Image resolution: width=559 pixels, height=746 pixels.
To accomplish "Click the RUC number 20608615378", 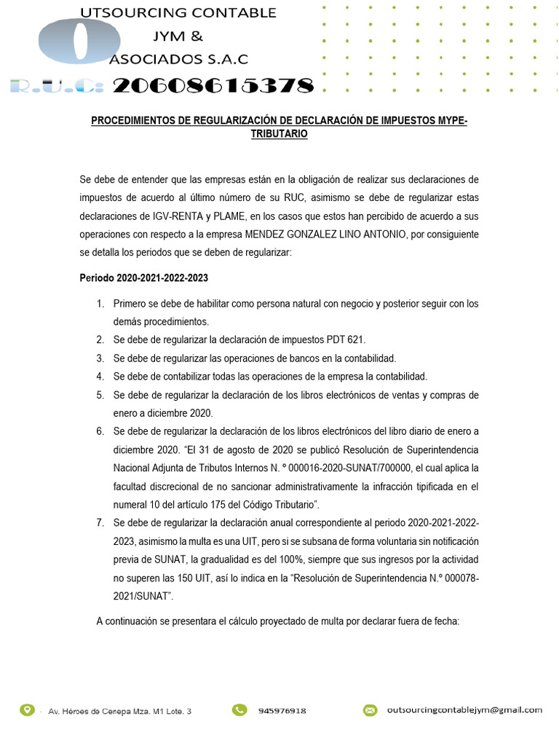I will (213, 87).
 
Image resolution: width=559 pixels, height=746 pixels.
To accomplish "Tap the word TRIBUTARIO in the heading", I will (279, 135).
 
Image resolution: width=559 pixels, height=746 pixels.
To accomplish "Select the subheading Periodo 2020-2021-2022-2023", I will (143, 278).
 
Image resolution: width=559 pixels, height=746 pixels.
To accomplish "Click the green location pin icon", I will (27, 710).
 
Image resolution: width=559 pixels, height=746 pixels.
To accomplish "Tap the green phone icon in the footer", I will (239, 710).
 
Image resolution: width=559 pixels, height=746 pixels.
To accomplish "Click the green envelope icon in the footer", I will (370, 710).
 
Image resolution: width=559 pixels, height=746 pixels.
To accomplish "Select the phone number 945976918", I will (282, 710).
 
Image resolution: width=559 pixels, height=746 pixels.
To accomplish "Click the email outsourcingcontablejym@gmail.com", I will (464, 710).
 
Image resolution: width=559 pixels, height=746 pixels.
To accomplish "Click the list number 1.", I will (100, 304).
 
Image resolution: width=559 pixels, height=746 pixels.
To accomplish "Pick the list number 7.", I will (100, 523).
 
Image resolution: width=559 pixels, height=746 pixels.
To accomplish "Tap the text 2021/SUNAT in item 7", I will (143, 597).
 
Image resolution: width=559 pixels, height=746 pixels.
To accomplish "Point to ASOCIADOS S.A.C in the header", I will (178, 59).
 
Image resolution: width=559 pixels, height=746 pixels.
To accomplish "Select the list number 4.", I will (100, 377).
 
